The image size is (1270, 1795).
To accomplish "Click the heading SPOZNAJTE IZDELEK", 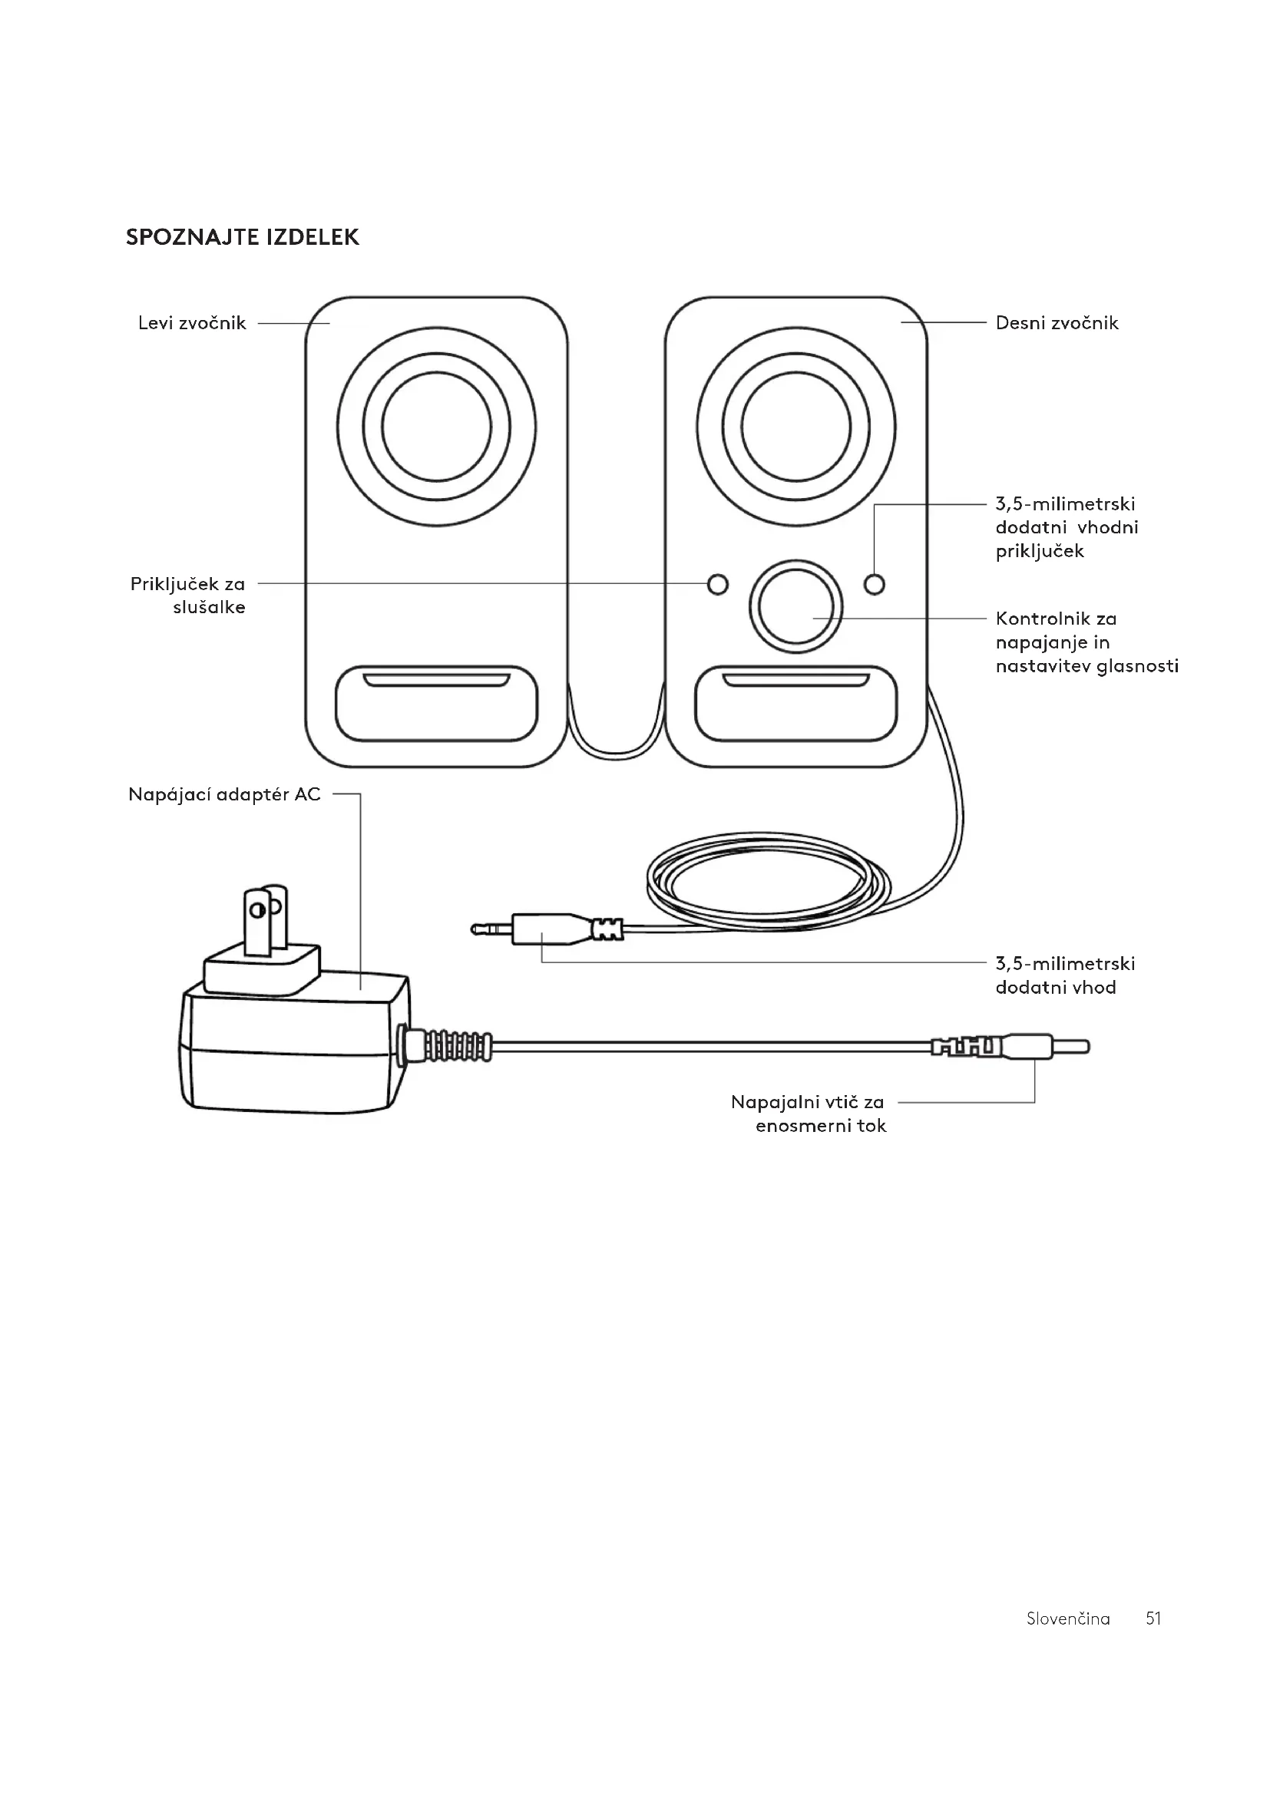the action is coord(243,238).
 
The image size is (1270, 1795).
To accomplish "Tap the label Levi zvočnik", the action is coord(192,323).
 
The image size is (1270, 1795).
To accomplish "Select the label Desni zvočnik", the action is coord(1057,323).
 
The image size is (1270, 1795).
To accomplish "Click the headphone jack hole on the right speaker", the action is coord(717,584).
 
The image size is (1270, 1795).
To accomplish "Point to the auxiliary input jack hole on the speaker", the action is coord(875,584).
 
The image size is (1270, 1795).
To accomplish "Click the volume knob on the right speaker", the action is coord(796,606).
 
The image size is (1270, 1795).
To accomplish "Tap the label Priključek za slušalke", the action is coord(187,596).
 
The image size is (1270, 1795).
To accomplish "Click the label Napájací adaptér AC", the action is coord(224,795).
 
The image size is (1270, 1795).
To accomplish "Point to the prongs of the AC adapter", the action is coord(266,920).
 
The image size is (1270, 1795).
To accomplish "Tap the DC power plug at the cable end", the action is coord(1010,1046).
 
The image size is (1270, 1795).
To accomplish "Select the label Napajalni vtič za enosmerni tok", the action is coord(808,1114).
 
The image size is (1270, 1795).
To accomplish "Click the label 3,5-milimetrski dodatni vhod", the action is coord(1065,975).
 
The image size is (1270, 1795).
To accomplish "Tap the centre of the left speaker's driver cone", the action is coord(436,427).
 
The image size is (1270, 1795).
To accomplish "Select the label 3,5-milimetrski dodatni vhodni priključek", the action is coord(1067,528).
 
